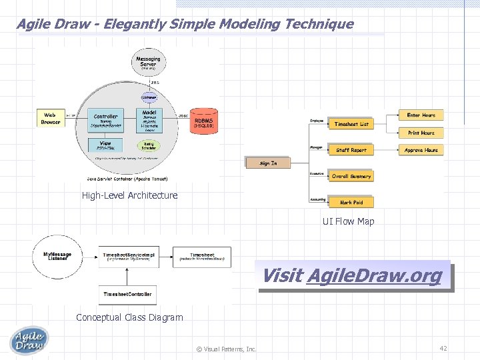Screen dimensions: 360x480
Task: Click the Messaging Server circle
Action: tap(148, 62)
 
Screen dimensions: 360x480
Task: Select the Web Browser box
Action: tap(51, 119)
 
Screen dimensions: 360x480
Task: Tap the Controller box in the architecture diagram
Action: tap(106, 120)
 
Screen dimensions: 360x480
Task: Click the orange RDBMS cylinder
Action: tap(203, 119)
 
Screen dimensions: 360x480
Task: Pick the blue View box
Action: tap(105, 145)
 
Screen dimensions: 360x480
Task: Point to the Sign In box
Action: tap(268, 163)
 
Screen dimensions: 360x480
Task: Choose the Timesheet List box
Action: tap(351, 124)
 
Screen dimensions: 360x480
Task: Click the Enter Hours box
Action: tap(421, 115)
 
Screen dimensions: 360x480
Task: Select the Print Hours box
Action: tap(421, 133)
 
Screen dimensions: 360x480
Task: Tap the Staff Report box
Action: tap(351, 150)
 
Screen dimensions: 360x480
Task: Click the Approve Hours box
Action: tap(421, 150)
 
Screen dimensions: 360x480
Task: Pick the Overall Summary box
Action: tap(351, 176)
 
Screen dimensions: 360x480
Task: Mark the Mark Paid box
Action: tap(351, 202)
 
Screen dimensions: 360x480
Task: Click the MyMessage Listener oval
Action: tap(57, 256)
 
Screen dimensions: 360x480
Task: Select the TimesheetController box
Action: tap(127, 294)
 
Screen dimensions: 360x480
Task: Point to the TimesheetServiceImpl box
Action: tap(129, 256)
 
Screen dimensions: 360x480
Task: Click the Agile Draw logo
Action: tap(29, 340)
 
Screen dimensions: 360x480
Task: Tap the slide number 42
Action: tap(443, 348)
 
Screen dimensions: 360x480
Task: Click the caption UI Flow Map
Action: tap(348, 221)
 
